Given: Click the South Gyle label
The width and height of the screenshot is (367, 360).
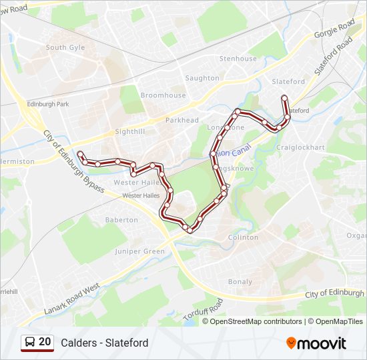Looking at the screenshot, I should [65, 47].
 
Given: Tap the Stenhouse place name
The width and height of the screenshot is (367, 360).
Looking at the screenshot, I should [238, 59].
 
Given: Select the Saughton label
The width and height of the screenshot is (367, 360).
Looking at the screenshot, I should [202, 78].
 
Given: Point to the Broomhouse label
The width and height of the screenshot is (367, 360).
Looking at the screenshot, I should [163, 95].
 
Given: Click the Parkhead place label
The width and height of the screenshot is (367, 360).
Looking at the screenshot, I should [182, 120].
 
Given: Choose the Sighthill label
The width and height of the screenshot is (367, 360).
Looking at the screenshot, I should [129, 132].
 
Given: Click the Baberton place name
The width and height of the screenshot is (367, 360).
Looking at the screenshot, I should [121, 219].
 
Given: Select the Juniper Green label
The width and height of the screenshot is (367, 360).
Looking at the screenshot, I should [139, 251].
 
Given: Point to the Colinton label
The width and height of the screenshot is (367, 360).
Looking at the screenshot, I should [243, 237].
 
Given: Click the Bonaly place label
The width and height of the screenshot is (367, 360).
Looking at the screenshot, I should [240, 281].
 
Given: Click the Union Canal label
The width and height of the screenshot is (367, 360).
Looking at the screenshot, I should [234, 151].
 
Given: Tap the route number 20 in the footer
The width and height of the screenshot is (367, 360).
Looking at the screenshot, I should [45, 342].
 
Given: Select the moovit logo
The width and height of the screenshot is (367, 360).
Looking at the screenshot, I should [316, 343].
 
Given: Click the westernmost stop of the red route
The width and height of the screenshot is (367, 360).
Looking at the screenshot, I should [79, 154].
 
